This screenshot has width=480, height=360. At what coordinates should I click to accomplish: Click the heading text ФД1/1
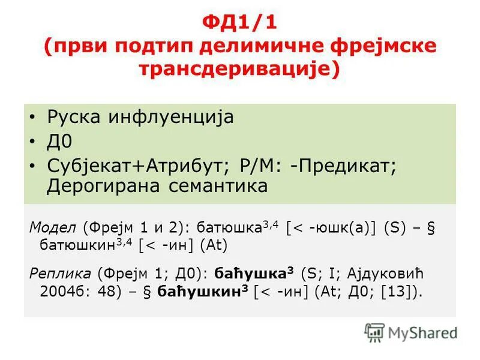239,25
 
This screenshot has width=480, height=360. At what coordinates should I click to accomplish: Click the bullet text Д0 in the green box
59,142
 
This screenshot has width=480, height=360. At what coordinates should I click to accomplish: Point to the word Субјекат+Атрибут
134,166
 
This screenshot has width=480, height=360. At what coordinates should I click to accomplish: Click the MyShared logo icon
375,332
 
